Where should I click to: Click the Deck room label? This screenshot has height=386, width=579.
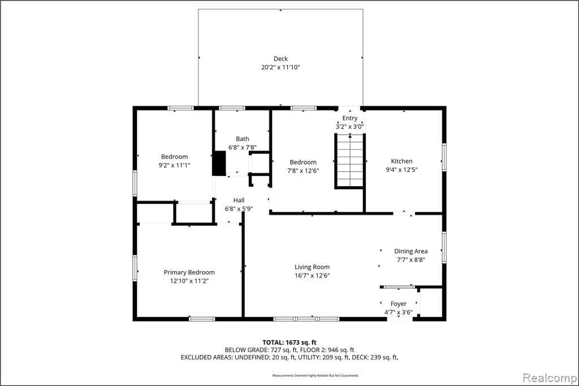pyautogui.click(x=280, y=59)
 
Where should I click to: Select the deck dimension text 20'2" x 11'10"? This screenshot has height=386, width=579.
pyautogui.click(x=280, y=67)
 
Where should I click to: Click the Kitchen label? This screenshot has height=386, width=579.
pyautogui.click(x=402, y=161)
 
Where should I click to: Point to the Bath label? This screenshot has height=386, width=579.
pyautogui.click(x=242, y=139)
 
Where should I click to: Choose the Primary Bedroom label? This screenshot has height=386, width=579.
pyautogui.click(x=189, y=272)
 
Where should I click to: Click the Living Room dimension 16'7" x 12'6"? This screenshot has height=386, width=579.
pyautogui.click(x=312, y=276)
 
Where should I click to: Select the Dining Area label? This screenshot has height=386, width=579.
pyautogui.click(x=411, y=251)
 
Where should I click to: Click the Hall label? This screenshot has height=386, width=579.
pyautogui.click(x=239, y=200)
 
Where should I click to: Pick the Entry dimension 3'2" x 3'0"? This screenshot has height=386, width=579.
pyautogui.click(x=349, y=126)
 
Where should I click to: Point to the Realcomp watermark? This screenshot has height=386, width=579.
pyautogui.click(x=549, y=377)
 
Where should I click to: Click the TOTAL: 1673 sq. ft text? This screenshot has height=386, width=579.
pyautogui.click(x=289, y=342)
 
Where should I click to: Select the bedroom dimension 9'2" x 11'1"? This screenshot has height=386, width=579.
pyautogui.click(x=174, y=165)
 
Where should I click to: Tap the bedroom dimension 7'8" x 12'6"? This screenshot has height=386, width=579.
pyautogui.click(x=303, y=170)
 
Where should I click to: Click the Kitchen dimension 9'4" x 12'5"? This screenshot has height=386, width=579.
pyautogui.click(x=402, y=169)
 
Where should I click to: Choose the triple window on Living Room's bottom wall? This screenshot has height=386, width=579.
pyautogui.click(x=306, y=319)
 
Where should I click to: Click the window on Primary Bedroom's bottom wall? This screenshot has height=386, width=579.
pyautogui.click(x=202, y=319)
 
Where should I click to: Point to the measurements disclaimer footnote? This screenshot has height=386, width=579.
pyautogui.click(x=315, y=375)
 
